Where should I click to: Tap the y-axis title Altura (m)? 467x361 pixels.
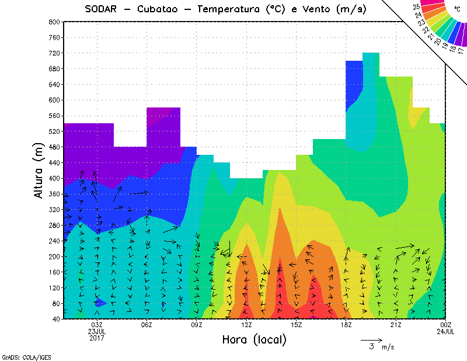click(x=40, y=170)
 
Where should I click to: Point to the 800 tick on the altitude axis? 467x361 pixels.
click(x=54, y=22)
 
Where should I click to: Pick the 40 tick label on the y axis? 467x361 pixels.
click(x=56, y=319)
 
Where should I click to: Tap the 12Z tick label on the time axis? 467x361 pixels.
click(x=246, y=325)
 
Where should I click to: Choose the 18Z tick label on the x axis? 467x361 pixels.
click(x=346, y=325)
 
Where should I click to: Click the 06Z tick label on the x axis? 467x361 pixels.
click(x=147, y=325)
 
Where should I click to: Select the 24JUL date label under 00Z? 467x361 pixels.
click(x=446, y=331)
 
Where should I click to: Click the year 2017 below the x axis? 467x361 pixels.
click(x=96, y=338)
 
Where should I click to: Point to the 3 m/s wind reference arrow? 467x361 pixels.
click(x=371, y=339)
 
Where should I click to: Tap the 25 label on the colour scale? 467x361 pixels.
click(x=416, y=7)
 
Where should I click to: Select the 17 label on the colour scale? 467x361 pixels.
click(x=461, y=50)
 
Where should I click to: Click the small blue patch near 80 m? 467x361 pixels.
click(x=100, y=302)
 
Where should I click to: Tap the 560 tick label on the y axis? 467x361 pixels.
click(x=54, y=116)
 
